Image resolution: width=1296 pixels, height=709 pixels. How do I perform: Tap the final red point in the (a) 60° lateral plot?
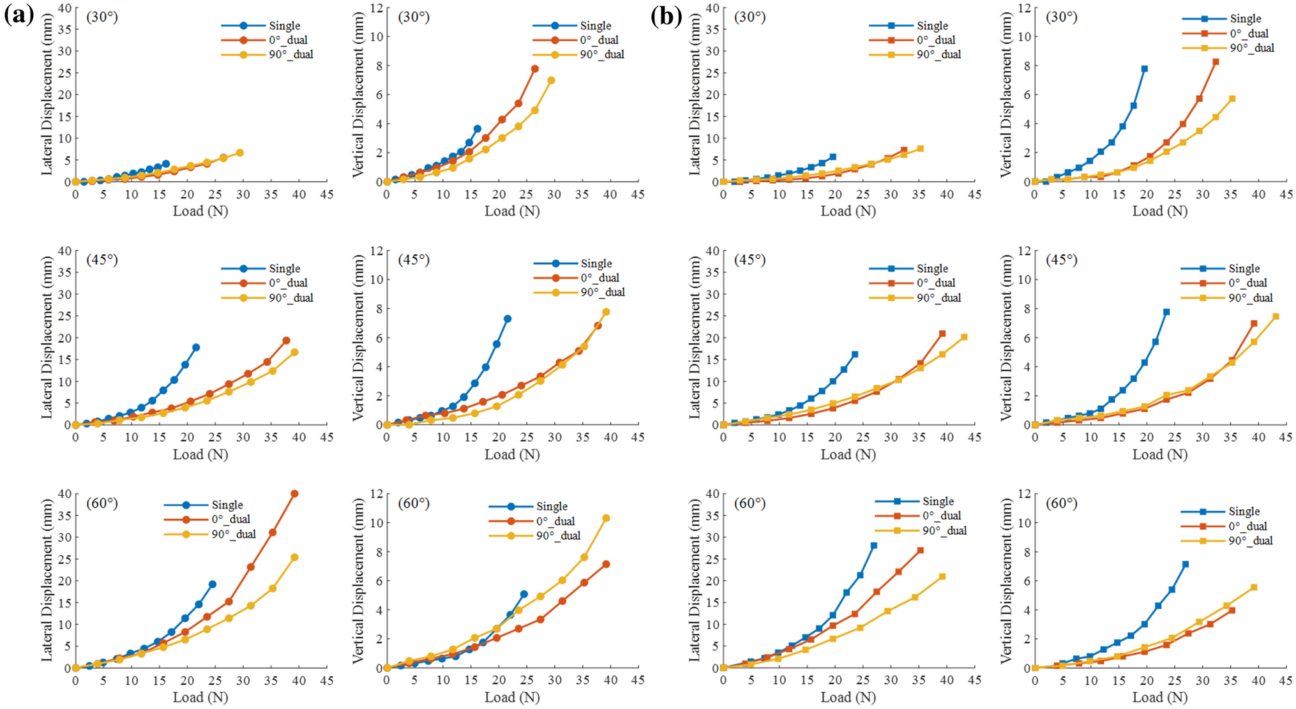(x=294, y=493)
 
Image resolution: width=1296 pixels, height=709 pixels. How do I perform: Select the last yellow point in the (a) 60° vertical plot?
(x=606, y=518)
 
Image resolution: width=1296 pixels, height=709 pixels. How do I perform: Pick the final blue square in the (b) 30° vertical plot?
(x=1145, y=68)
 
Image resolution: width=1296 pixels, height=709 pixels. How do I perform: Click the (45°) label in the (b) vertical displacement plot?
(x=1062, y=260)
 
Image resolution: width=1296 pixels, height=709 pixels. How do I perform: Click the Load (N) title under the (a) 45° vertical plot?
(x=512, y=454)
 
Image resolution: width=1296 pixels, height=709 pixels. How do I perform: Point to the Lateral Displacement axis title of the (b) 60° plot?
(x=694, y=580)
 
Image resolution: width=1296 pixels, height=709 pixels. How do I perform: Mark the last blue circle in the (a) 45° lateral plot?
(x=196, y=347)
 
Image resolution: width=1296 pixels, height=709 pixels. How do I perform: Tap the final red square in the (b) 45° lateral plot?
(x=942, y=334)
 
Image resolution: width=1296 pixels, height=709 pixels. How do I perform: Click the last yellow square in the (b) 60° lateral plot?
(x=942, y=576)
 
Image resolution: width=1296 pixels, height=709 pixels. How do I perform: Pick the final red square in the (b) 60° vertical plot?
(x=1232, y=611)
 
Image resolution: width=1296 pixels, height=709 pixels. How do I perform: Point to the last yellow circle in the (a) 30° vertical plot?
(x=551, y=80)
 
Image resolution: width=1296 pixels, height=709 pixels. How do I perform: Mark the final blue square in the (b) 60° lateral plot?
(x=874, y=546)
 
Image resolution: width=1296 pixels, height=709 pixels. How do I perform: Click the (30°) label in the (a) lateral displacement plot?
(x=102, y=17)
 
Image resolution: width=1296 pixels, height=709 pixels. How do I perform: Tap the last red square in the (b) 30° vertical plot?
(x=1216, y=62)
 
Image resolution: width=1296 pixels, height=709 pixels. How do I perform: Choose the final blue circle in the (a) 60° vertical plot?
(x=524, y=594)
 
